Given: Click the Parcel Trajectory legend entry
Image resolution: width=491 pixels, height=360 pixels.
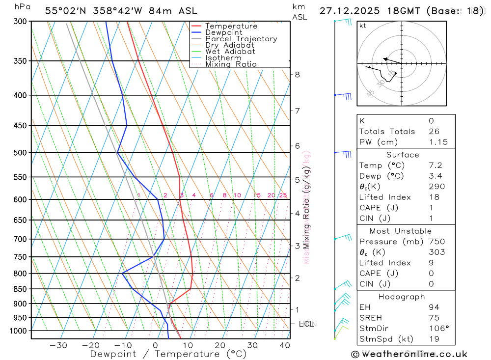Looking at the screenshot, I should click(241, 39).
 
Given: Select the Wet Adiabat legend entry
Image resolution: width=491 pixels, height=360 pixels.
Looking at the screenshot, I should click(230, 52).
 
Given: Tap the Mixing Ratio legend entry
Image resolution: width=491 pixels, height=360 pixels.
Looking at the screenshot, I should click(231, 64).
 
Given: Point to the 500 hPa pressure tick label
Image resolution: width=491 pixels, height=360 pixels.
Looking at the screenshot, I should click(20, 153).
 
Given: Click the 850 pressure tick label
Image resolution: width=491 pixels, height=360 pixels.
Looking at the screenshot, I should click(20, 289).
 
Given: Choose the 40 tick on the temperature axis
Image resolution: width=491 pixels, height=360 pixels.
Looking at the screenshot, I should click(285, 346).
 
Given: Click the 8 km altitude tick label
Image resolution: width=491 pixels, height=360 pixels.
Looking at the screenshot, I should click(297, 75).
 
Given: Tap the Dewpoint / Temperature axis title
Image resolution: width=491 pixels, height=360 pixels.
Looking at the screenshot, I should click(168, 354).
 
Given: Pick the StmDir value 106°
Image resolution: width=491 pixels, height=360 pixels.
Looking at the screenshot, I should click(436, 329).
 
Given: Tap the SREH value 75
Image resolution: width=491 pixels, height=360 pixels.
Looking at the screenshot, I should click(434, 318).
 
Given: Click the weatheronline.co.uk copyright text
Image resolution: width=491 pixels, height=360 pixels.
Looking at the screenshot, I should click(409, 354).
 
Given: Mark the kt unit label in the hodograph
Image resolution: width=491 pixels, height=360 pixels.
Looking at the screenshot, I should click(362, 26).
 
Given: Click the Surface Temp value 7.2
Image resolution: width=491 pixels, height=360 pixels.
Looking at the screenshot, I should click(435, 166).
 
